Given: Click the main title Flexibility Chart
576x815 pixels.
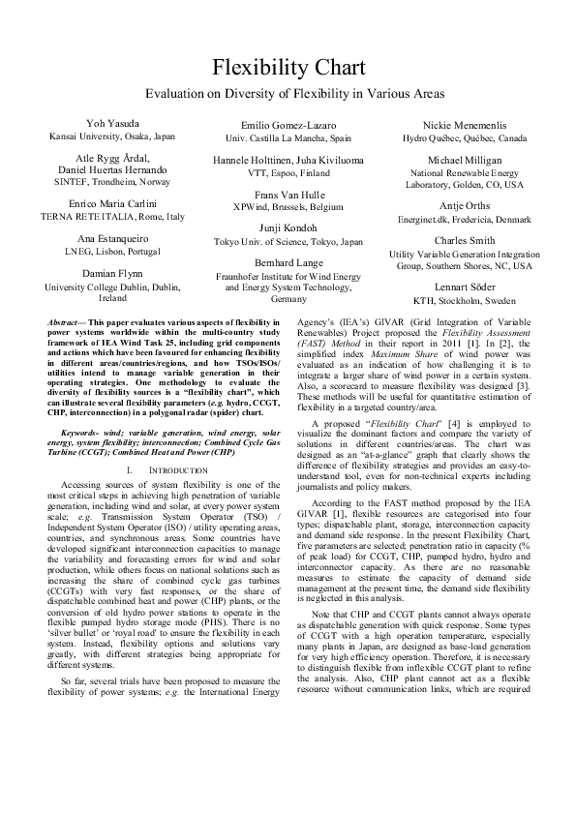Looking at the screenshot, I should pos(288,68).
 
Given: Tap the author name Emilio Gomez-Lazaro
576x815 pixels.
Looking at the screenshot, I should pos(288,126).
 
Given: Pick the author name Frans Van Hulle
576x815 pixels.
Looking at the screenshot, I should pos(288,195).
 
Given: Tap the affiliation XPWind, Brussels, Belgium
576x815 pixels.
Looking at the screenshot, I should pos(288,207).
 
